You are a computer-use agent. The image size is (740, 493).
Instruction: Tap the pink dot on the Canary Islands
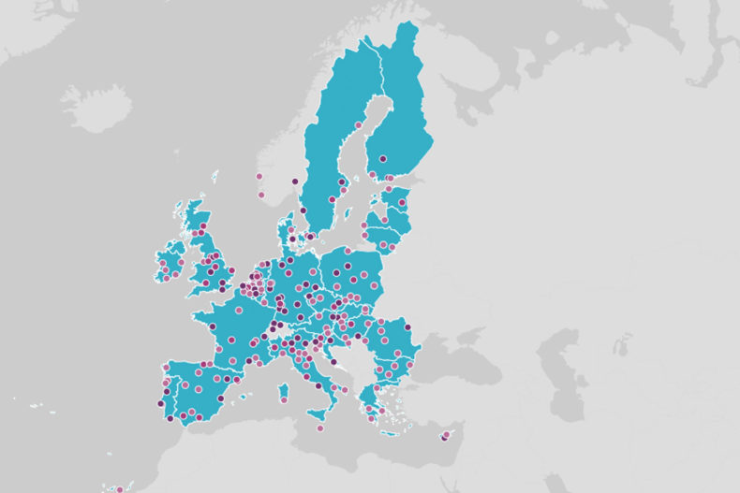tap(120, 489)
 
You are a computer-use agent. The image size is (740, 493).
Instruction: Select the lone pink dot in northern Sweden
tap(359, 124)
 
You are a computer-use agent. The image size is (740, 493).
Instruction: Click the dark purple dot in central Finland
tap(382, 159)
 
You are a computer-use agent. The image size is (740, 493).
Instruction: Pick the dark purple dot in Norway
tap(294, 181)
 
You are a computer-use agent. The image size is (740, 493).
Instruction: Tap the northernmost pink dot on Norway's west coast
tap(259, 176)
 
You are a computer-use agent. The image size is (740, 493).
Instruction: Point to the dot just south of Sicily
tap(320, 428)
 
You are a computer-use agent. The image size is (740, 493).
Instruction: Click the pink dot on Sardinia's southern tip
tap(284, 400)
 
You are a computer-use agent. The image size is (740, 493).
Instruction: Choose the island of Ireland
tap(169, 262)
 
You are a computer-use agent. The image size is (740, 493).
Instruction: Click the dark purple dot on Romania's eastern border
tap(407, 327)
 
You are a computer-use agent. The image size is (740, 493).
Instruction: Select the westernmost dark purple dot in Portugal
tap(160, 403)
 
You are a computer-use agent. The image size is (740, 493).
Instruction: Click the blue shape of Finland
tap(398, 122)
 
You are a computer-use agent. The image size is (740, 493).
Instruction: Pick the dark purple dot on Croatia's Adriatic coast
tap(333, 361)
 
